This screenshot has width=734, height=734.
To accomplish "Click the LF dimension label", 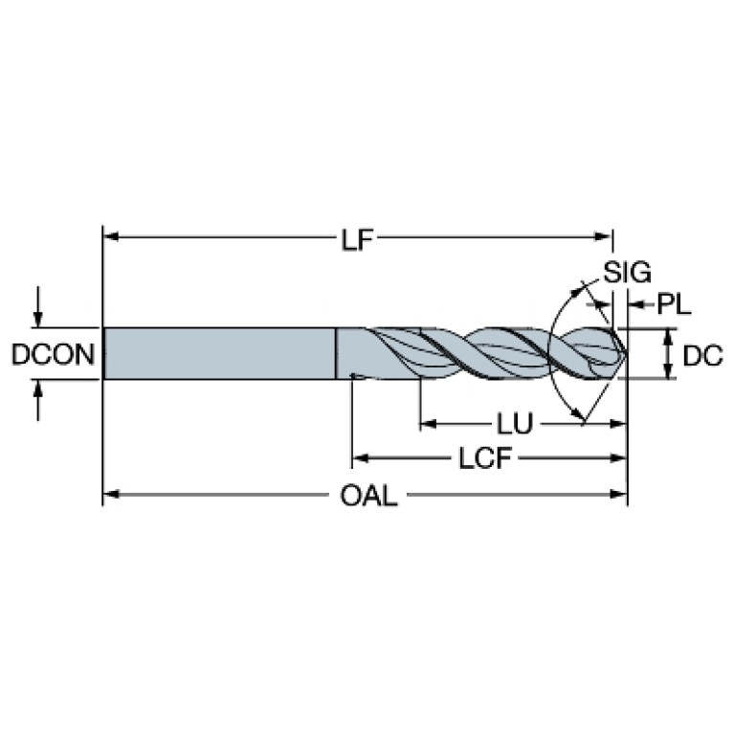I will pos(358,238).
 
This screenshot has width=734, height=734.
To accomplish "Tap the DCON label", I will pos(53,355).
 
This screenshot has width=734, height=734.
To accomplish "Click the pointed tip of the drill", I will pos(626,354).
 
